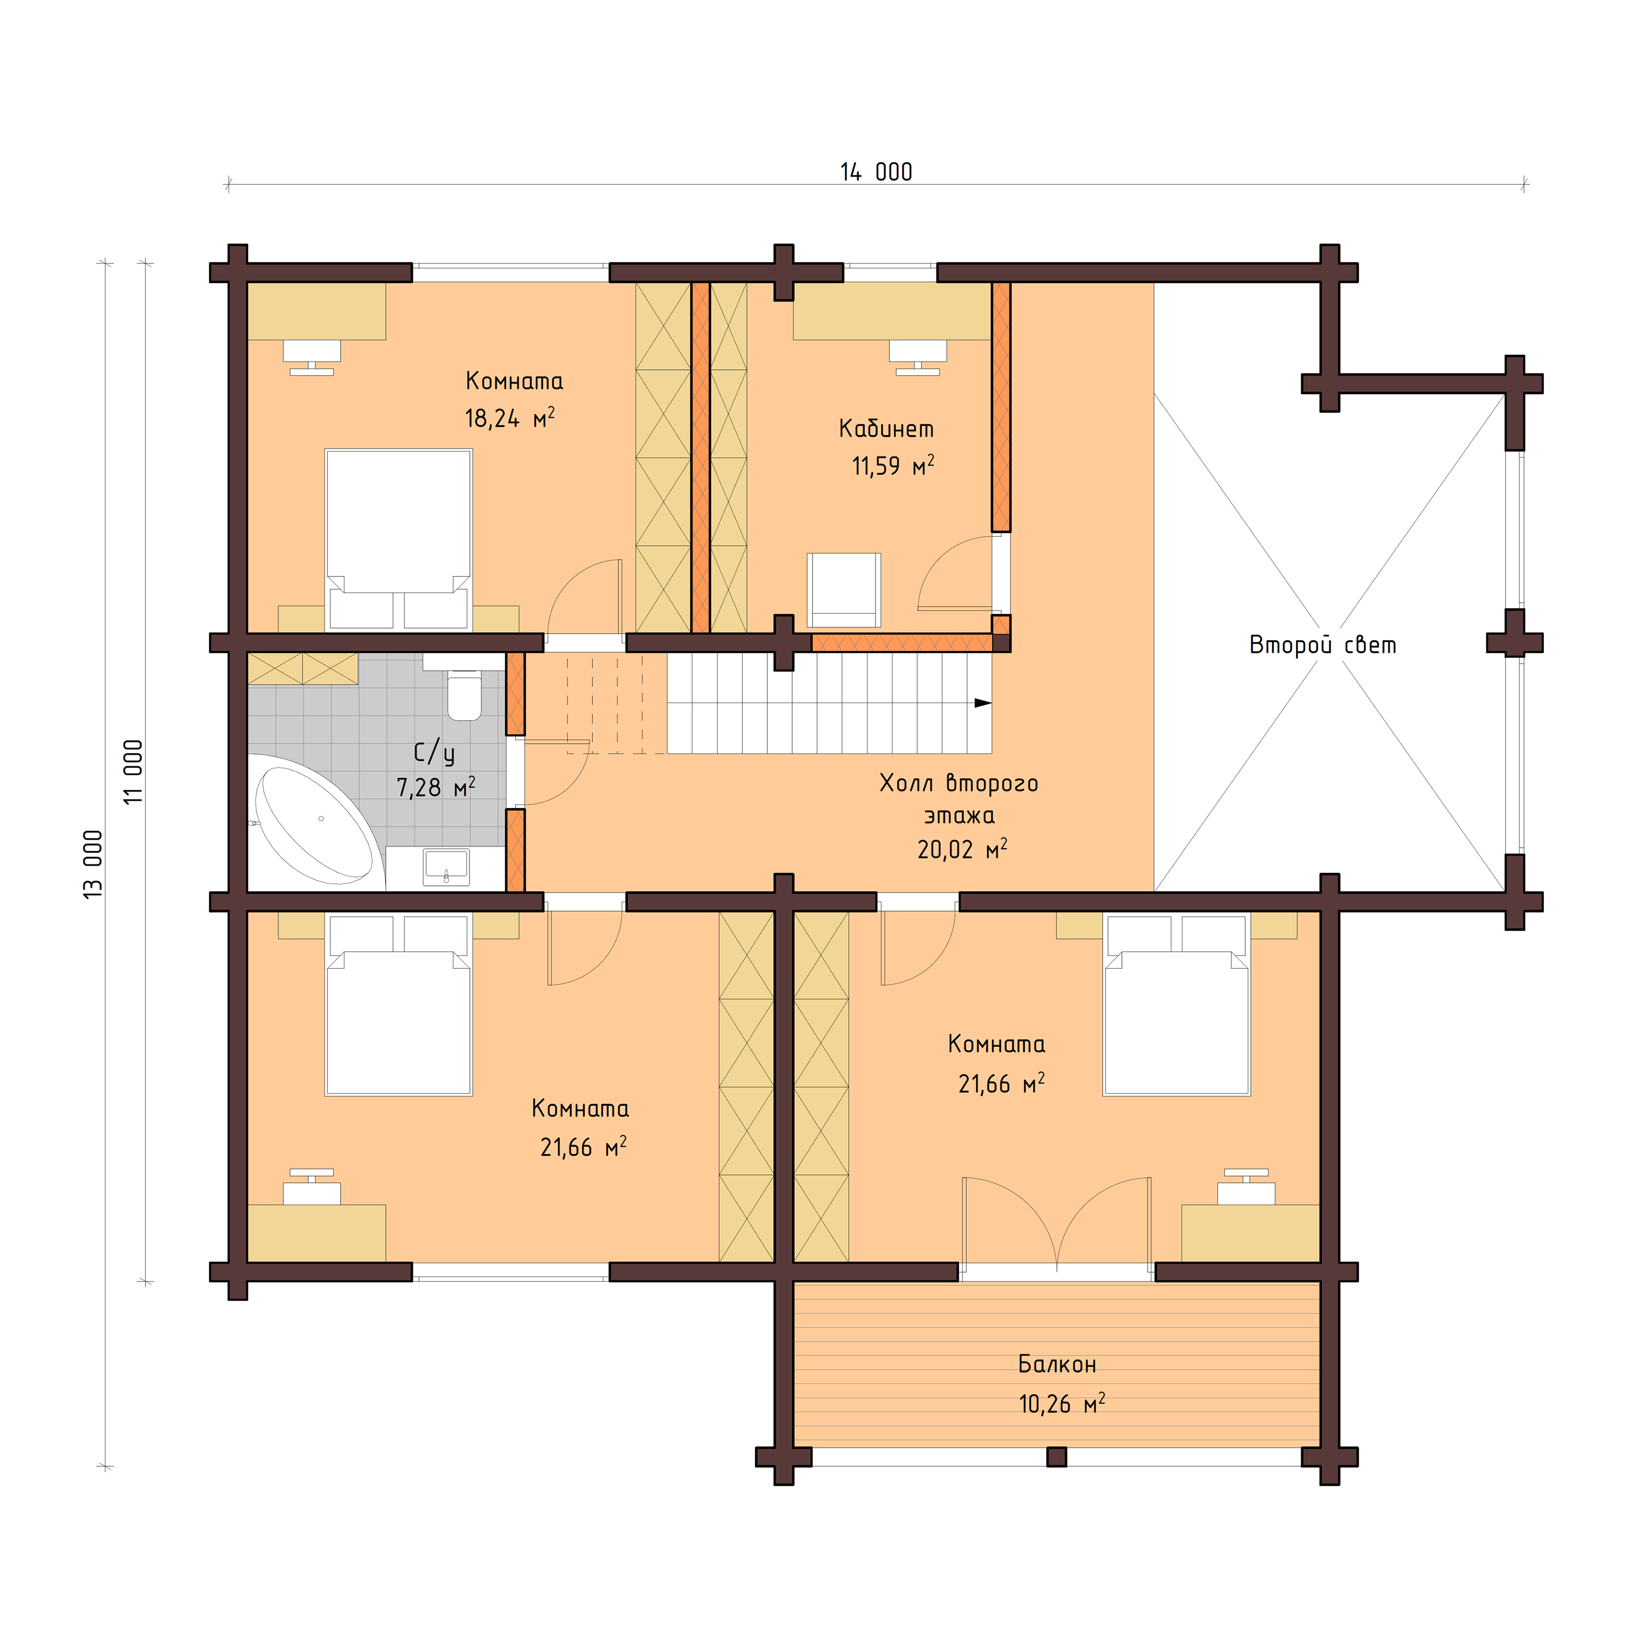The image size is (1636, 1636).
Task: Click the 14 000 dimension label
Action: tap(876, 172)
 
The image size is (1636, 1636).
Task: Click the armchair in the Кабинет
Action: tap(843, 589)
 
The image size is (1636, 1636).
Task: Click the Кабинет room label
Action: tap(886, 429)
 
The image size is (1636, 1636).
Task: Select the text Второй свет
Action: tap(1322, 645)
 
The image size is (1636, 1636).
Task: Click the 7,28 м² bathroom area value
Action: tap(435, 788)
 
